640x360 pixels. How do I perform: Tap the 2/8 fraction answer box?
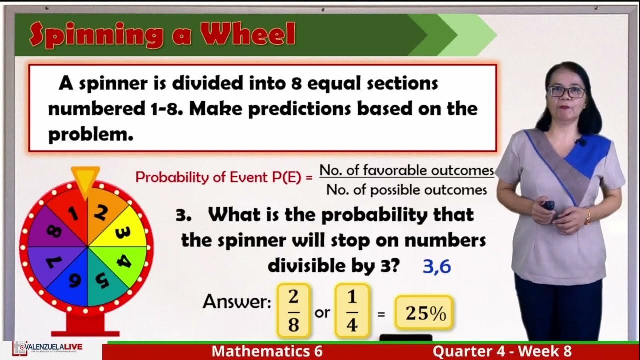tap(293, 311)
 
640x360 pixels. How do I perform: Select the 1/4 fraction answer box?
tap(352, 311)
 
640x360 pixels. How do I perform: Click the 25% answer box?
tap(424, 313)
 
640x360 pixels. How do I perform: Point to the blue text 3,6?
tap(436, 267)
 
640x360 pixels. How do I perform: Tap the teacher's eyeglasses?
tap(566, 92)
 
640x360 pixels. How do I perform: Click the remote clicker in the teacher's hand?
tap(549, 205)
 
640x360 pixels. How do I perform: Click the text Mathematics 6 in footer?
tap(267, 351)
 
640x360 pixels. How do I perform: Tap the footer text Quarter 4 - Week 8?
tap(502, 351)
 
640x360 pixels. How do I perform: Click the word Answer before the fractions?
tap(237, 302)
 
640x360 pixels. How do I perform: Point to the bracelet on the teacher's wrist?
tap(588, 216)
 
